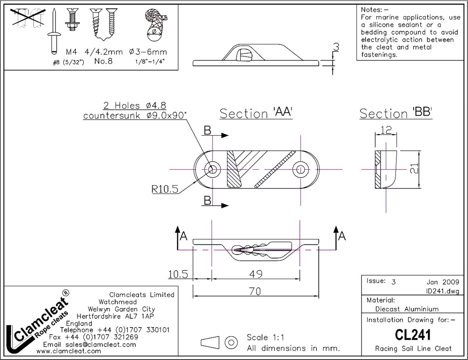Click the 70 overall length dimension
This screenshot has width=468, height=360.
click(x=255, y=290)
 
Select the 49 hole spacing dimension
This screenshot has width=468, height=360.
click(x=256, y=274)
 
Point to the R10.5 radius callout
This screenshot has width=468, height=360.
click(x=165, y=189)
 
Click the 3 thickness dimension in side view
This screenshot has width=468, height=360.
click(x=335, y=48)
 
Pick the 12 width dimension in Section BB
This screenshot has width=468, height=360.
click(x=386, y=130)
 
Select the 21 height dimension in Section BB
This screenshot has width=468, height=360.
click(x=413, y=169)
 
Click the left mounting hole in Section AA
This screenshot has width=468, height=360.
click(x=213, y=169)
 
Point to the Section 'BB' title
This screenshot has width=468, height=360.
click(x=395, y=113)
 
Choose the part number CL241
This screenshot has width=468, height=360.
click(x=413, y=335)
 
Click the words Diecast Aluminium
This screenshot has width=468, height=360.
click(x=407, y=309)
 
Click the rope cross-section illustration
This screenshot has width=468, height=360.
click(x=154, y=23)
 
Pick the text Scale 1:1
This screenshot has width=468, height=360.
click(x=265, y=338)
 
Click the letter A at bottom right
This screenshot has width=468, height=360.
click(x=342, y=236)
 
